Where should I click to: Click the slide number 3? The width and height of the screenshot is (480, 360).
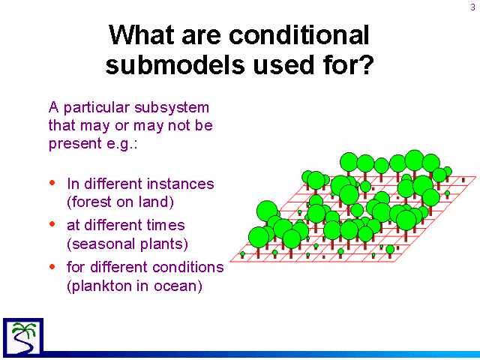coord(473,7)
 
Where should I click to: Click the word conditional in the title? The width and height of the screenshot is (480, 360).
coord(298,35)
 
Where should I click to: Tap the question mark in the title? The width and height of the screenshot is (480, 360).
coord(366,64)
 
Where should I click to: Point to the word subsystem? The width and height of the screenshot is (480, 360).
coord(172,108)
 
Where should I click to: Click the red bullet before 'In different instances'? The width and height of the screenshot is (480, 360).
coord(52,183)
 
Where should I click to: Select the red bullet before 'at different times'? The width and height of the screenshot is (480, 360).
coord(52,224)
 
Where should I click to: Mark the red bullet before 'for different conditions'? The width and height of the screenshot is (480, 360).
coord(52,266)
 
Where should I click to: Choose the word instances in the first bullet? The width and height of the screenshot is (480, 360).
coord(180,184)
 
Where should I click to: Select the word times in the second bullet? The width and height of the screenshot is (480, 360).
coord(166,225)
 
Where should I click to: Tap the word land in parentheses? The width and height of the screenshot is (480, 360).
coord(154,202)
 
